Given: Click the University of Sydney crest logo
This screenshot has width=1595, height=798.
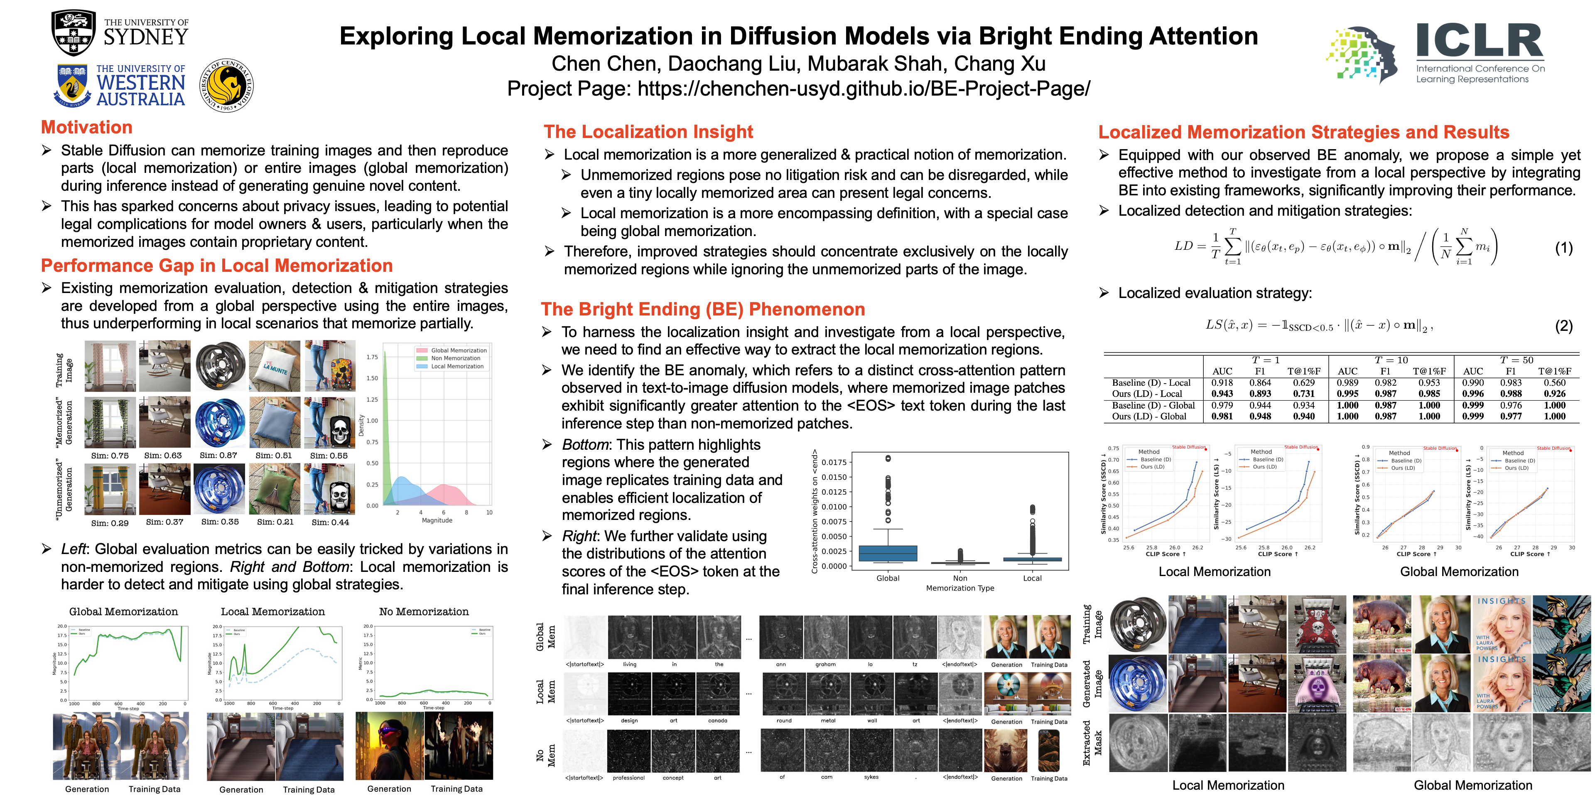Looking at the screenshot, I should click(74, 33).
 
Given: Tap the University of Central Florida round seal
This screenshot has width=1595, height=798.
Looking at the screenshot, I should click(227, 86).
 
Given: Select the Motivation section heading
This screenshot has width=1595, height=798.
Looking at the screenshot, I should click(87, 128).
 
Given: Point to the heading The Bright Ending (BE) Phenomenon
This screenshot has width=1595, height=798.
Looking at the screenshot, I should click(703, 309).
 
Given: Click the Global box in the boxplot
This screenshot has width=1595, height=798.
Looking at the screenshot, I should click(888, 553).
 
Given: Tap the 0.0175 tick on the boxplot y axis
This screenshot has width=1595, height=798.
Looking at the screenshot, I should click(834, 462).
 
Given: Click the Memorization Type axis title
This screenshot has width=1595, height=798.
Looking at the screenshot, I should click(960, 588).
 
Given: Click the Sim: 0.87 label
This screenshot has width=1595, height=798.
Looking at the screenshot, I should click(218, 456).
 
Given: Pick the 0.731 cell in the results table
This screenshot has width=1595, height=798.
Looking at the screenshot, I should click(1303, 394).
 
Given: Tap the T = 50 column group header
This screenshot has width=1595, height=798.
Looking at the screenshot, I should click(1516, 360).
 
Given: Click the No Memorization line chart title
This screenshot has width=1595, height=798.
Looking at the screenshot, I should click(424, 611).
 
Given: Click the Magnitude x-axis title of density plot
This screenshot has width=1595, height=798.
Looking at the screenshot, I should click(437, 520).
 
